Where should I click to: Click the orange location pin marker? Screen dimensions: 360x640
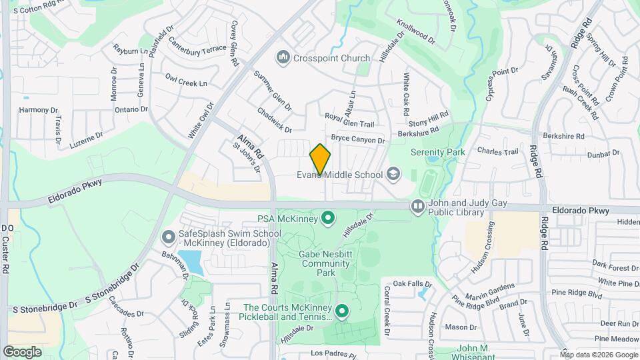click(320, 159)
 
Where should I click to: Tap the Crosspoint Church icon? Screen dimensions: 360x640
click(284, 58)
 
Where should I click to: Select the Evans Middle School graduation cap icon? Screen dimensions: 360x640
click(394, 175)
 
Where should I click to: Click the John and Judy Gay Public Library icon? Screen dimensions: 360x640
click(418, 207)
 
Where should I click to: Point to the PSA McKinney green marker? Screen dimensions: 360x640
click(328, 218)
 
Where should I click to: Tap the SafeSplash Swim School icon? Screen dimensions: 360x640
click(169, 237)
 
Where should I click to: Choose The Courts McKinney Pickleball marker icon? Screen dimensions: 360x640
click(343, 311)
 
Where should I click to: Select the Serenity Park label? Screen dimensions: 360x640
click(437, 153)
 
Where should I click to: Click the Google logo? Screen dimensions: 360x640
click(23, 351)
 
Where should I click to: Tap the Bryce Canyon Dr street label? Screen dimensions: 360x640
click(358, 140)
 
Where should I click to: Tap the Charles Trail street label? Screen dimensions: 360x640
click(497, 152)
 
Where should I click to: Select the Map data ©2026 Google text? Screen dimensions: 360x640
click(598, 355)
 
